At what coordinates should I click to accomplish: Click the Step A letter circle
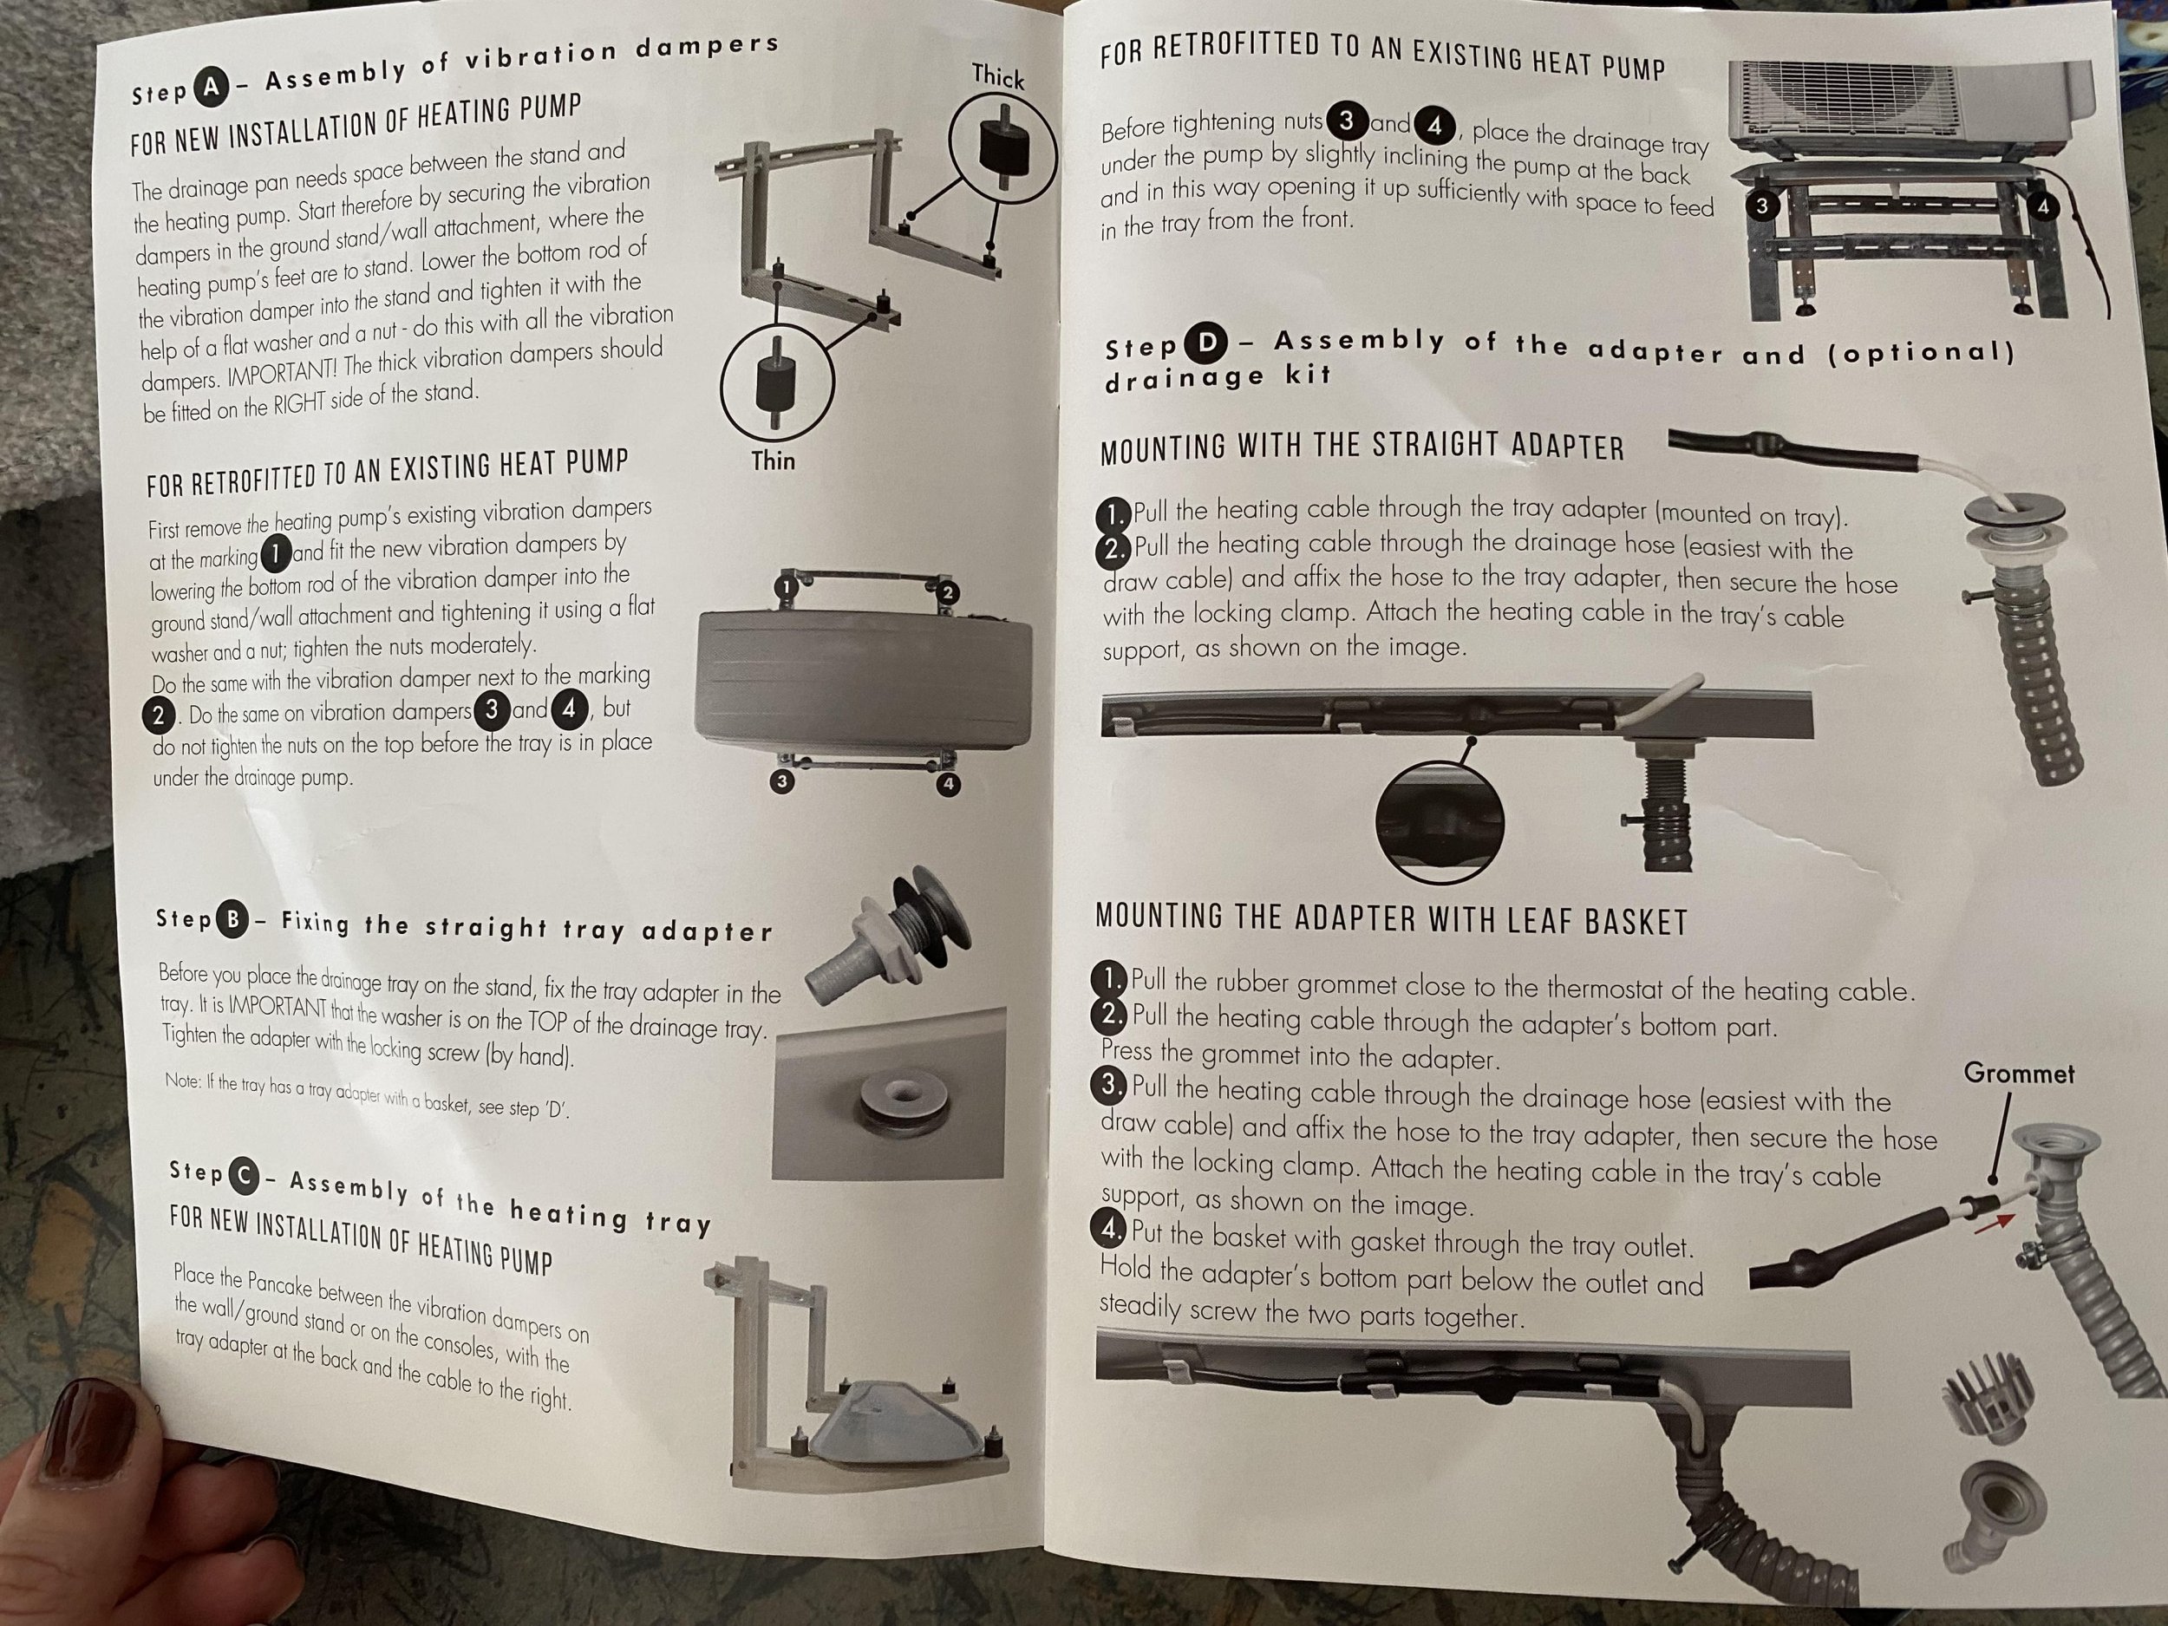[x=211, y=89]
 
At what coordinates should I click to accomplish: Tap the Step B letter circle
[x=233, y=919]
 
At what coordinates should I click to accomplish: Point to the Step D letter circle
[x=1206, y=343]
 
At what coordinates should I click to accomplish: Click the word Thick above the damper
[x=998, y=76]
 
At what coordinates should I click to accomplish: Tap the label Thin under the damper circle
[x=773, y=460]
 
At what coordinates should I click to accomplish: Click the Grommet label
[x=2019, y=1074]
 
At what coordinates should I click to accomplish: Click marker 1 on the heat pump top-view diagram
[x=784, y=588]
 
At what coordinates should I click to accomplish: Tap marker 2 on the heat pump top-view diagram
[x=947, y=593]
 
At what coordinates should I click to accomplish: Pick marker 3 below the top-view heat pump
[x=781, y=781]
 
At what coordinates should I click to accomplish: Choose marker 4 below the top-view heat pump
[x=948, y=784]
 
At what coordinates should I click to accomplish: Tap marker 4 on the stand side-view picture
[x=2043, y=206]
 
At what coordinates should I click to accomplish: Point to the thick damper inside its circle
[x=1001, y=142]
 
